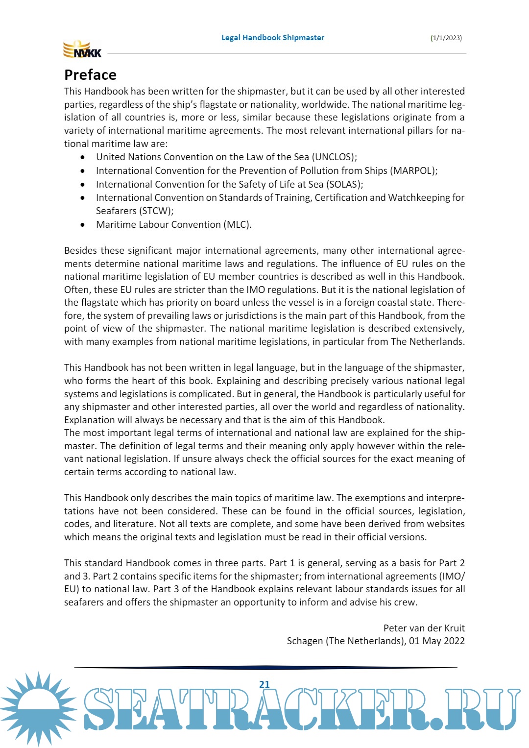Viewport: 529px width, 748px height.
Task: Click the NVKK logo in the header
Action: click(82, 49)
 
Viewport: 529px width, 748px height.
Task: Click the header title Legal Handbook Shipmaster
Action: click(273, 38)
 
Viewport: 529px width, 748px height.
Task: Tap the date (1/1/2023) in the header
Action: click(446, 38)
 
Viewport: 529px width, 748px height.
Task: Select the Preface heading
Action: click(90, 75)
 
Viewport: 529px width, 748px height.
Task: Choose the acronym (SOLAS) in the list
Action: click(345, 185)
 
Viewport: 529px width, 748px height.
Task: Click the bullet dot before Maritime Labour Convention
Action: click(83, 225)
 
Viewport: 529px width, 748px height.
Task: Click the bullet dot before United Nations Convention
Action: click(83, 157)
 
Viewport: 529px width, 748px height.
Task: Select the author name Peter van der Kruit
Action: click(424, 628)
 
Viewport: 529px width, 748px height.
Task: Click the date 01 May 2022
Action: click(436, 641)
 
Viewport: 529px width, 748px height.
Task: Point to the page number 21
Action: click(264, 684)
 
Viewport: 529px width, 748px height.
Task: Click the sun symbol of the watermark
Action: click(38, 708)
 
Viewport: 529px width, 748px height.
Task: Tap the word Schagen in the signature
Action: click(305, 641)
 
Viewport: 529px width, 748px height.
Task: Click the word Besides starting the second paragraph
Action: click(80, 251)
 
